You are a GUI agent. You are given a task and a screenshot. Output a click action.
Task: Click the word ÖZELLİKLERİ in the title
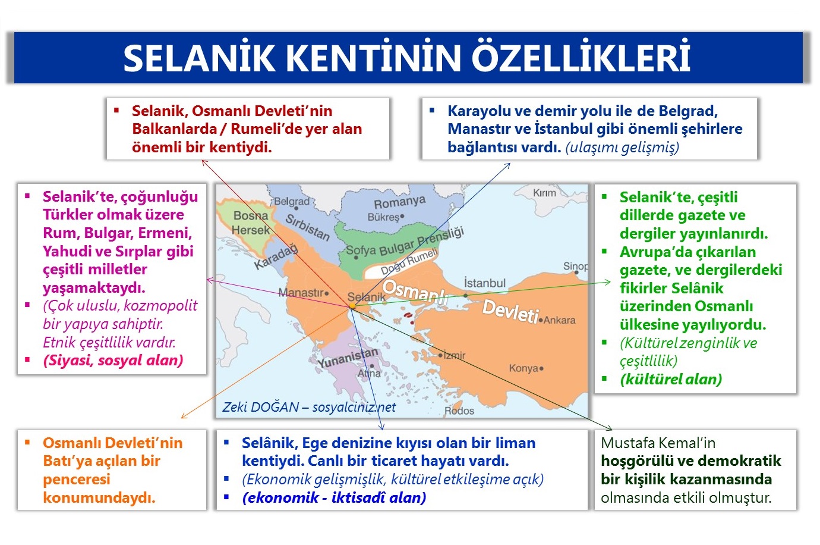pyautogui.click(x=581, y=58)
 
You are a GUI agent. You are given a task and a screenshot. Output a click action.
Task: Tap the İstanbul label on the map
pyautogui.click(x=484, y=283)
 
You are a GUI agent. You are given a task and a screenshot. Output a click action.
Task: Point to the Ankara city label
pyautogui.click(x=559, y=320)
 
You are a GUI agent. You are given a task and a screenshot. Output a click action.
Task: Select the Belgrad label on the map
pyautogui.click(x=292, y=202)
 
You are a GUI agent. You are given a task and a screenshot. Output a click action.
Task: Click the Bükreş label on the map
pyautogui.click(x=383, y=217)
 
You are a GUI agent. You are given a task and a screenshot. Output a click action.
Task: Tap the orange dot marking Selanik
pyautogui.click(x=352, y=306)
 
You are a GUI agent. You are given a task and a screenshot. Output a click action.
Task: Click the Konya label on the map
pyautogui.click(x=523, y=368)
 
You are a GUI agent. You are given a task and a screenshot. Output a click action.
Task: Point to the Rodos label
pyautogui.click(x=459, y=411)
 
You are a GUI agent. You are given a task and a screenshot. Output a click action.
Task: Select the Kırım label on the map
pyautogui.click(x=544, y=193)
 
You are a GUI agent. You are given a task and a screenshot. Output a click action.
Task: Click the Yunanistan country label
pyautogui.click(x=348, y=358)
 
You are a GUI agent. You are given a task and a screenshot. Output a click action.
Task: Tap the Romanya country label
pyautogui.click(x=399, y=202)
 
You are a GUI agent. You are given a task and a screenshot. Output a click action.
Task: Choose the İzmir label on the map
pyautogui.click(x=455, y=355)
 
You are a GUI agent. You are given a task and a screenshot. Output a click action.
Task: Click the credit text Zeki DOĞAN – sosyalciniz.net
pyautogui.click(x=309, y=407)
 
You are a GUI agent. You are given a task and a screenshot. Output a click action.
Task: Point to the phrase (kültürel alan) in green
pyautogui.click(x=671, y=379)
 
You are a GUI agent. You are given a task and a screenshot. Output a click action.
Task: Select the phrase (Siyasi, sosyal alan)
pyautogui.click(x=113, y=360)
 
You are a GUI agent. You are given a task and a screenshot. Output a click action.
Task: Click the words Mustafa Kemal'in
pyautogui.click(x=658, y=443)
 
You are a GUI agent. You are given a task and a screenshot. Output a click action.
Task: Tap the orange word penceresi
pyautogui.click(x=77, y=479)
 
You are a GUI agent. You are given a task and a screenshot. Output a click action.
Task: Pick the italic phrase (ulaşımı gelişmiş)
pyautogui.click(x=622, y=147)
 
